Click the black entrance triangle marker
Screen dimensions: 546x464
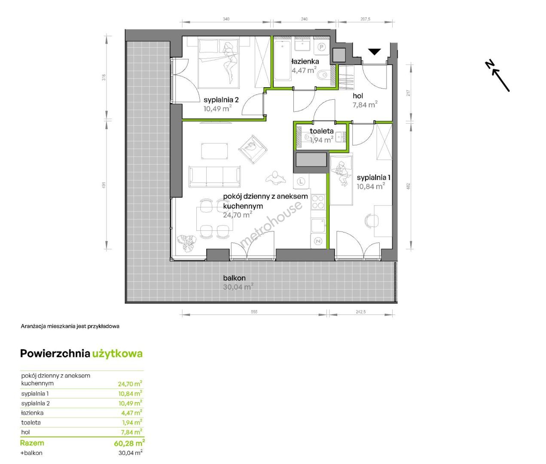point(375,52)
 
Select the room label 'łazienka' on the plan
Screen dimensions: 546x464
point(305,61)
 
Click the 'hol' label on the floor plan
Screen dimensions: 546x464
point(358,96)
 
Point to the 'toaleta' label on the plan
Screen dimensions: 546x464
point(321,131)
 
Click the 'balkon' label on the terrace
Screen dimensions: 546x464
point(234,278)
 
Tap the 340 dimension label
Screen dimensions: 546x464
point(226,19)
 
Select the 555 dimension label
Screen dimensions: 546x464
point(254,312)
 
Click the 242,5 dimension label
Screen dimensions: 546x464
point(360,312)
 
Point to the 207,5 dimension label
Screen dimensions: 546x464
point(365,19)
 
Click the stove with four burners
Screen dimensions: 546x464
point(318,202)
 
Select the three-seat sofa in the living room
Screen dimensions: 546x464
point(214,176)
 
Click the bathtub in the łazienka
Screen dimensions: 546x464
point(282,60)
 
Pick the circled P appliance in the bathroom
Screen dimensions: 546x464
point(321,47)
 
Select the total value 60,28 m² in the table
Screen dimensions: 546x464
point(129,443)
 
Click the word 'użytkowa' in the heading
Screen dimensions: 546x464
point(117,354)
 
